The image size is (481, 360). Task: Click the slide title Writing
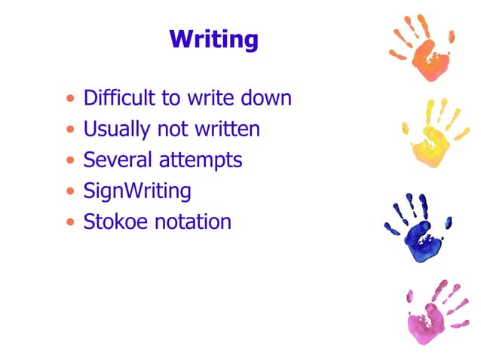(x=213, y=39)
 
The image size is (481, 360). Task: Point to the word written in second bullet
(x=228, y=130)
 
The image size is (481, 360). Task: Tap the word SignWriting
(x=137, y=191)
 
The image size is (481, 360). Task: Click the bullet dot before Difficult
(x=70, y=99)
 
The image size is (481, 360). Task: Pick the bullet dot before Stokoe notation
(x=70, y=223)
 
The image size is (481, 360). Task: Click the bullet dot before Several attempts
(x=70, y=161)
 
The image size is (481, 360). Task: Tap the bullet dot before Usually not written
(x=70, y=130)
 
